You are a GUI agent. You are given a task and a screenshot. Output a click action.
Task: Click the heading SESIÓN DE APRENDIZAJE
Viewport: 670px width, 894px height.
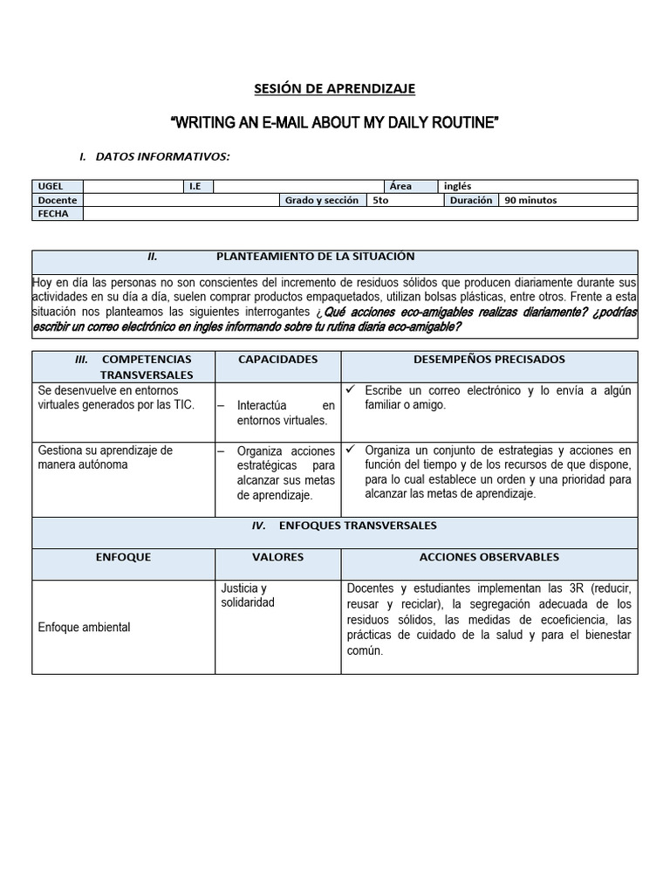(335, 88)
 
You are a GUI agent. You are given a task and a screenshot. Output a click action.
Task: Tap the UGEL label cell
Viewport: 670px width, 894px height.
(58, 186)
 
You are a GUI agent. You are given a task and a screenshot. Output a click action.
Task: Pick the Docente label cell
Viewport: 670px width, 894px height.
(58, 200)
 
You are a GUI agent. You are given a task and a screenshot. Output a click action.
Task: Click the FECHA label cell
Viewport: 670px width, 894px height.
(58, 214)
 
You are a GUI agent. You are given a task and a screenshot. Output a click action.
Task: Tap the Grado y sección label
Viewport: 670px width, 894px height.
(321, 200)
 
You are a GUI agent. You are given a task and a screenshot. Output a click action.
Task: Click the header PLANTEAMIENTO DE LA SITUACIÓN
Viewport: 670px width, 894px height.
(315, 257)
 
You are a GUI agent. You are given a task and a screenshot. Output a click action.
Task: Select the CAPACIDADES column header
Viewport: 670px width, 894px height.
(277, 360)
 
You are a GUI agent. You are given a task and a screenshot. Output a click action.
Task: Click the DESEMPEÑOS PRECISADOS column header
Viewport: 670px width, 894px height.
(489, 360)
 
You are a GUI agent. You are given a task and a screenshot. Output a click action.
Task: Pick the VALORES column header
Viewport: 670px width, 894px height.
(277, 557)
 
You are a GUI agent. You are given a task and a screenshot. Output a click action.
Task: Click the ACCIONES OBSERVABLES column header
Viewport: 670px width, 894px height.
(489, 557)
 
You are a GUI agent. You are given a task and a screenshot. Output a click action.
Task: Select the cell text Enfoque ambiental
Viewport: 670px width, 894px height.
(84, 628)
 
